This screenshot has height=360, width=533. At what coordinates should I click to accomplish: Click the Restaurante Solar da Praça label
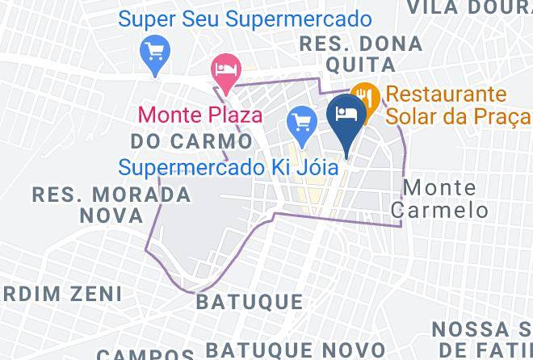pos(457,105)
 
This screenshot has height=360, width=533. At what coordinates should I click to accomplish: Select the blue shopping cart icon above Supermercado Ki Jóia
pos(302,123)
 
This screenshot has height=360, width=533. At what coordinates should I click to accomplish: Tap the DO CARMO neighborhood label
pos(179,142)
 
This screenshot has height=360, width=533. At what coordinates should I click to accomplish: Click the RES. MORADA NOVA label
pos(111,204)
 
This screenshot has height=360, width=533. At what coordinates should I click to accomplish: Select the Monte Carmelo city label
pos(447,199)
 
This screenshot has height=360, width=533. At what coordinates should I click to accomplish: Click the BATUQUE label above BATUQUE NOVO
pos(250,302)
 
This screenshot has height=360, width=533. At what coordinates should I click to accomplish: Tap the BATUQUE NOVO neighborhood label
pos(282,350)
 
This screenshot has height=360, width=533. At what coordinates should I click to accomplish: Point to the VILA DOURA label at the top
pos(469,8)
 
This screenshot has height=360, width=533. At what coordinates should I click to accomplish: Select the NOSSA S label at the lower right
pos(481,329)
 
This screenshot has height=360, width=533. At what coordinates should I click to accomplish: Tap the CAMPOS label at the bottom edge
pos(145,354)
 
